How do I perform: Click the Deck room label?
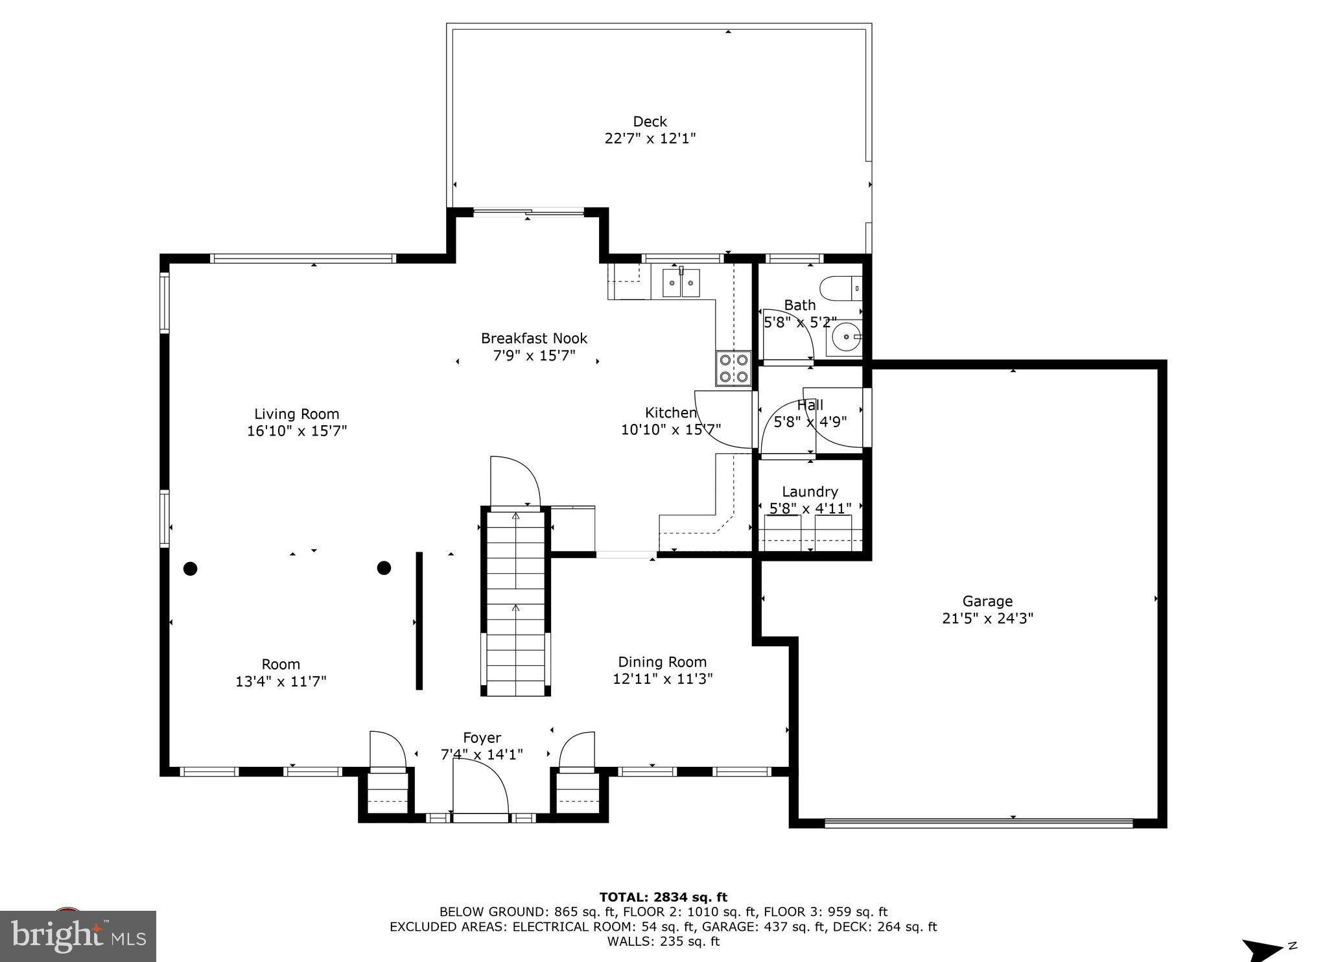[650, 122]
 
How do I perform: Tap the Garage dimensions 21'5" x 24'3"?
[987, 618]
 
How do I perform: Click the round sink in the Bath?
[845, 337]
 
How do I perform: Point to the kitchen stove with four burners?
[733, 368]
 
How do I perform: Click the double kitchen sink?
[681, 283]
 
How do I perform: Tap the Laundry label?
[809, 492]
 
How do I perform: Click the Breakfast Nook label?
[534, 338]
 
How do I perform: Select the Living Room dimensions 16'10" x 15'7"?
[297, 431]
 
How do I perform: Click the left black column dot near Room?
[190, 569]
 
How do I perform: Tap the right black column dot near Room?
[384, 568]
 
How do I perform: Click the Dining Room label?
[662, 662]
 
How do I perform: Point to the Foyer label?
[482, 738]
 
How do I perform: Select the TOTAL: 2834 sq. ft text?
[663, 897]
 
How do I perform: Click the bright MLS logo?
[78, 936]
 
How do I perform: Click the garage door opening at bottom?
[978, 823]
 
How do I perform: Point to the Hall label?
[810, 405]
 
